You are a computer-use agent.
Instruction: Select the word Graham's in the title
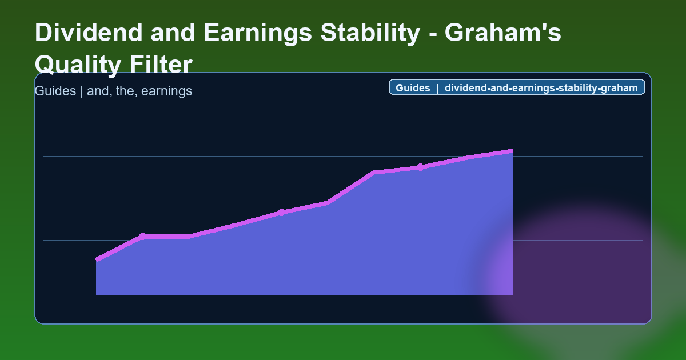point(503,33)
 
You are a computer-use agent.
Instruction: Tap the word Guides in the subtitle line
point(55,91)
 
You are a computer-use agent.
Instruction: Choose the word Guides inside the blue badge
point(413,88)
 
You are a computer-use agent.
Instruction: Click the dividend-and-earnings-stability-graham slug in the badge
point(541,88)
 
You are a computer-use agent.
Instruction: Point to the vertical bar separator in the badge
point(437,88)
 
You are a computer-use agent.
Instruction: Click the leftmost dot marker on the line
point(142,236)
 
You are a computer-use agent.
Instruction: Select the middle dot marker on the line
point(281,213)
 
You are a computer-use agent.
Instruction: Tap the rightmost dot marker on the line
point(420,167)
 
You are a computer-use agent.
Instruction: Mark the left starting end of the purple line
point(97,260)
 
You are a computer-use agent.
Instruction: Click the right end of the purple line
point(512,151)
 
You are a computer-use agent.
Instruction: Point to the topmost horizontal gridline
point(343,114)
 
